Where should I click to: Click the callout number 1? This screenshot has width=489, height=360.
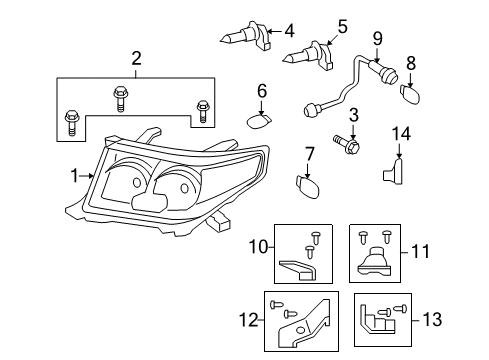[x=75, y=176]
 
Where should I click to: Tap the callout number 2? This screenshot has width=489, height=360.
[x=136, y=58]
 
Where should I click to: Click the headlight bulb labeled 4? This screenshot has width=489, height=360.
[x=245, y=37]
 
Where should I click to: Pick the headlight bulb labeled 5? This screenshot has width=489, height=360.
[x=308, y=56]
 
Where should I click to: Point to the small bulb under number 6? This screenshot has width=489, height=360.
[x=259, y=121]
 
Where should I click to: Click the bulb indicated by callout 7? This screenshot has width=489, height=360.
[x=308, y=187]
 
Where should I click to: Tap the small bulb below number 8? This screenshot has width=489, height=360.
[x=410, y=95]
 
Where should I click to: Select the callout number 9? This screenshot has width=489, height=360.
[x=377, y=38]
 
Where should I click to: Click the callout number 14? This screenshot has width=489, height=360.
[x=401, y=134]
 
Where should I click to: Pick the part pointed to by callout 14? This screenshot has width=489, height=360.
[x=393, y=171]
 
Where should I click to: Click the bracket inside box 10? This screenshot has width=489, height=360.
[x=297, y=269]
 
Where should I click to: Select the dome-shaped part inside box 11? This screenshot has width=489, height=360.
[x=375, y=262]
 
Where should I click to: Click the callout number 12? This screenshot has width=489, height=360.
[x=249, y=320]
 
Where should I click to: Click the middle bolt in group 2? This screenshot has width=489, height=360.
[x=119, y=99]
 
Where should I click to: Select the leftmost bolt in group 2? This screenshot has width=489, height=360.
[x=71, y=122]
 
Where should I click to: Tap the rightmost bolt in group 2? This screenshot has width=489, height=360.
[x=202, y=112]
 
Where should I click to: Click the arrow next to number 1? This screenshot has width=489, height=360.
[x=87, y=176]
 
